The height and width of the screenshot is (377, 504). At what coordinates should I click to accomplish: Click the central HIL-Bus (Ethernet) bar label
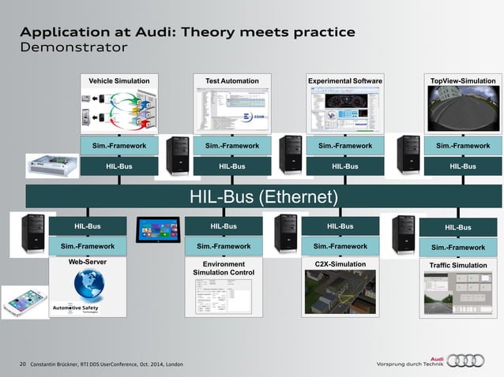pos(264,196)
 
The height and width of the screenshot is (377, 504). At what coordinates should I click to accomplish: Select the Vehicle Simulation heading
pos(118,80)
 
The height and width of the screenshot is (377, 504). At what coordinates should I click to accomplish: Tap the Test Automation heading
pos(232,80)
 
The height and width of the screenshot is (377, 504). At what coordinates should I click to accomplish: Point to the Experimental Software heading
pos(345,80)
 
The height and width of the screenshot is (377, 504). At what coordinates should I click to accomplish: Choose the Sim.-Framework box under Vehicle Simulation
pos(118,145)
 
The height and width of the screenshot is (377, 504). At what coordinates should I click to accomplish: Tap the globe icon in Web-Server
pos(94,283)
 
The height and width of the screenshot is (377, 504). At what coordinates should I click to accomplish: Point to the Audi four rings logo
pos(465,360)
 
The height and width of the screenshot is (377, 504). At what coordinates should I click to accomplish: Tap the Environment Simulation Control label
pos(224,268)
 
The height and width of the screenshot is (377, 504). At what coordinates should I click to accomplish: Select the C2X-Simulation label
pos(340,264)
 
